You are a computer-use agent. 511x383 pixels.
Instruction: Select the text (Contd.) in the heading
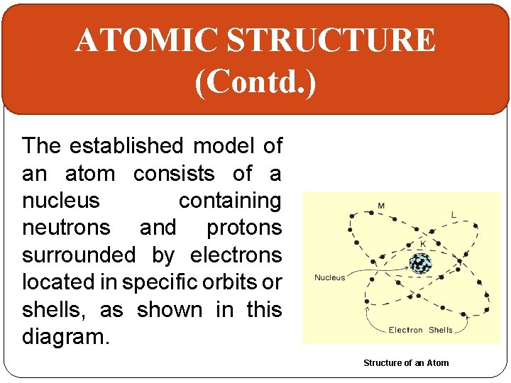point(255,82)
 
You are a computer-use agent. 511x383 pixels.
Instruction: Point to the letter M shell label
point(381,206)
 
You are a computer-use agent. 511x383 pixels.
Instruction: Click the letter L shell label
point(453,213)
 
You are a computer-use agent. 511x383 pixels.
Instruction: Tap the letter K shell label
point(423,243)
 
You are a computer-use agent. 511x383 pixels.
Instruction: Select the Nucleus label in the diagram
point(329,277)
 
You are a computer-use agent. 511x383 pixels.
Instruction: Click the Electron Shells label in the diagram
point(420,330)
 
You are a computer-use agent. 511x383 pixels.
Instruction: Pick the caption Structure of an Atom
point(406,363)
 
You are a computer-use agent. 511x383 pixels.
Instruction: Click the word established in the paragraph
point(126,146)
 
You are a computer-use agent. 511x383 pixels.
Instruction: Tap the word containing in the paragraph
point(230,201)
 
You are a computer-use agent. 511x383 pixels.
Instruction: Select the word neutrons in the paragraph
point(66,228)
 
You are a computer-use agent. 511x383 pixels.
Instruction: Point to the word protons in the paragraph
point(244,228)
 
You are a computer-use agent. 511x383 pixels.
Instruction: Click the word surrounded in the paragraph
point(79,255)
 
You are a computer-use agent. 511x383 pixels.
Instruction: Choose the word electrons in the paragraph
point(236,255)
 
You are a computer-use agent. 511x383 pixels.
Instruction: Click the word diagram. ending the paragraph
point(66,337)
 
